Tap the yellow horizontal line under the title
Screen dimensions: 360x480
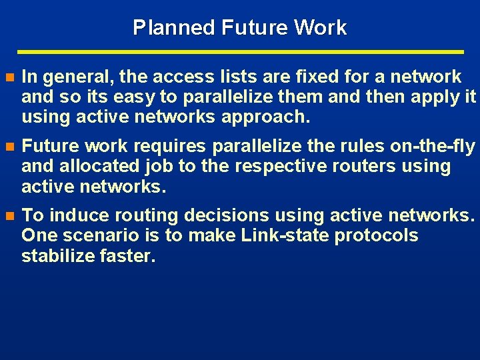pyautogui.click(x=240, y=51)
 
